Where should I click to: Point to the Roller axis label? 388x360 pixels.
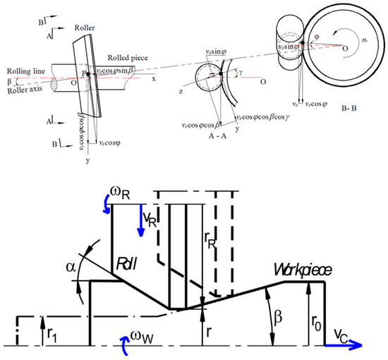(x=20, y=88)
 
